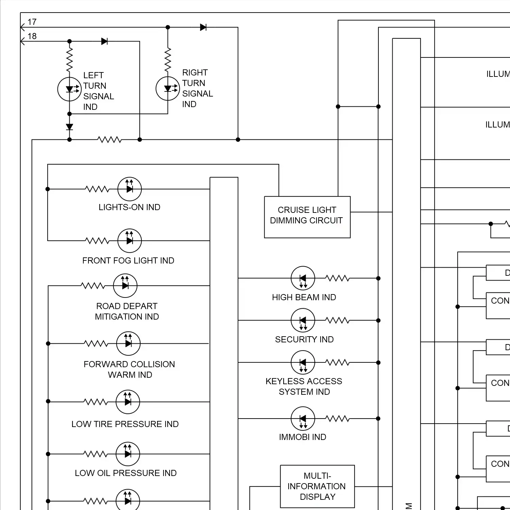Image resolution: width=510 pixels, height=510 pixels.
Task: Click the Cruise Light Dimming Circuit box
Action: point(307,217)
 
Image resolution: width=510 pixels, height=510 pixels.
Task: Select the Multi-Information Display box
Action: point(317,486)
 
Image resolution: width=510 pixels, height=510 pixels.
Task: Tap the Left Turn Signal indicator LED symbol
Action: point(69,89)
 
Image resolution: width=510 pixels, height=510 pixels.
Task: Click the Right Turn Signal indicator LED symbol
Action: point(168,89)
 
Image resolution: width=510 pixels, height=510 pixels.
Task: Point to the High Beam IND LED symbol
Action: point(303,278)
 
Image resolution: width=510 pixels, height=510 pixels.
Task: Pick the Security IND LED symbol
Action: point(303,320)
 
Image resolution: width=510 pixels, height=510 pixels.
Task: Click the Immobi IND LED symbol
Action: point(303,419)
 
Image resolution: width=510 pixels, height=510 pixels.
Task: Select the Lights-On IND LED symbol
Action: point(130,189)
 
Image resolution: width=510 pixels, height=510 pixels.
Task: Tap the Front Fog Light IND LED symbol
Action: point(130,241)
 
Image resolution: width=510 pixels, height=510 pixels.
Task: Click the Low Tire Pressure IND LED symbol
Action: point(128,402)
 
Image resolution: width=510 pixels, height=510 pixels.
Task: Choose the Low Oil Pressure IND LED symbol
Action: point(128,454)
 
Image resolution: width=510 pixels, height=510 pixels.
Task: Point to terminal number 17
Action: point(32,22)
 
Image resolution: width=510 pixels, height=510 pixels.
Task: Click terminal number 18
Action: point(32,36)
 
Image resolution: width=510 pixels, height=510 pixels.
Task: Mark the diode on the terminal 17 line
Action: point(203,27)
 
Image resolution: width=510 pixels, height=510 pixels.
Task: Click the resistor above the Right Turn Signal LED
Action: point(168,60)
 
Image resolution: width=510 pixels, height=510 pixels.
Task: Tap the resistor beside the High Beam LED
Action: point(337,278)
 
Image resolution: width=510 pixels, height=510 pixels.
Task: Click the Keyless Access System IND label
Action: point(304,386)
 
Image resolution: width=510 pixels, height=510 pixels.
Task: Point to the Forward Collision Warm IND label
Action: point(129,369)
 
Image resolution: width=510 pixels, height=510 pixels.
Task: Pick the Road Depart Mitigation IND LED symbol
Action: point(125,286)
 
